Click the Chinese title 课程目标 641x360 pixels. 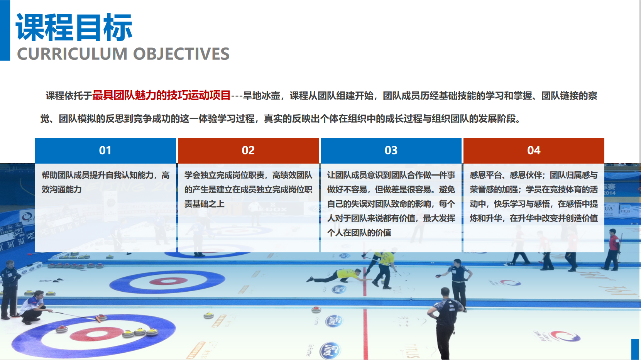coord(74,27)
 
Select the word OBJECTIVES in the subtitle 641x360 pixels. coord(181,54)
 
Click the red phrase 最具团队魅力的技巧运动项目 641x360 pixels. coord(161,95)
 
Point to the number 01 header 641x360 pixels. coord(105,150)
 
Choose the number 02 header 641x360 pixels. coord(248,150)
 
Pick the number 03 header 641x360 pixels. coord(391,150)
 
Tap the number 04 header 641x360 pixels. coord(534,150)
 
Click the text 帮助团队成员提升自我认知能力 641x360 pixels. coord(98,175)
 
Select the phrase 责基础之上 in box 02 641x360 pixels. coord(204,204)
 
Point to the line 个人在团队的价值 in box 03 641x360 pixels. coord(359,233)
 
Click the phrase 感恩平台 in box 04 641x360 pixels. coord(485,175)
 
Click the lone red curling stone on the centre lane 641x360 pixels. coord(316,309)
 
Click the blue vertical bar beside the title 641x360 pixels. coord(5,30)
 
